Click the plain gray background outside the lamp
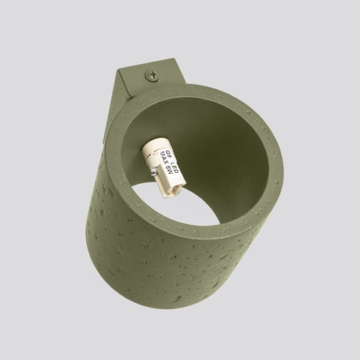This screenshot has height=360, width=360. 47,47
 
